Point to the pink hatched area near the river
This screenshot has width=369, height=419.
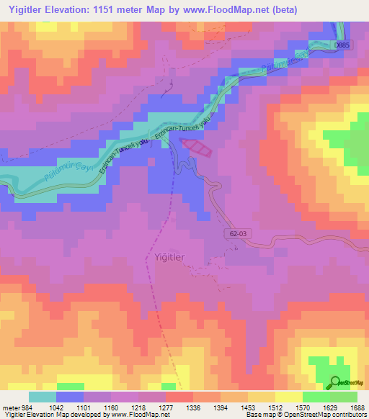197,147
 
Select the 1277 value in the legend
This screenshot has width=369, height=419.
165,407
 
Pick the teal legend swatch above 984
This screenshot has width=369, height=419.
42,397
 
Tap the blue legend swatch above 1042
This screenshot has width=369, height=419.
70,397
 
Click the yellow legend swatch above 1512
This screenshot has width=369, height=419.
289,397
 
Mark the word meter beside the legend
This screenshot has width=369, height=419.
11,407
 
